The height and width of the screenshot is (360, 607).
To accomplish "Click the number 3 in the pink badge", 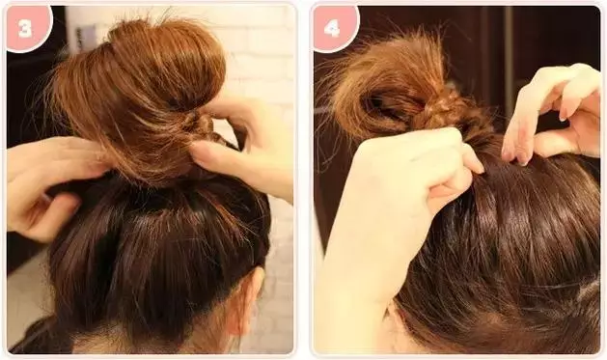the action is (24, 27).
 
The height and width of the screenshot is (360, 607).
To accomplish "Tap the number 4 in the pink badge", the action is (332, 27).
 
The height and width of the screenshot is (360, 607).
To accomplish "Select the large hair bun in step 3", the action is (139, 97).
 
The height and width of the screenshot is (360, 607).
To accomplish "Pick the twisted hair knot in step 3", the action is (202, 124).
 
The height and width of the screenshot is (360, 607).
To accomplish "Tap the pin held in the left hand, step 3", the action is (47, 198).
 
